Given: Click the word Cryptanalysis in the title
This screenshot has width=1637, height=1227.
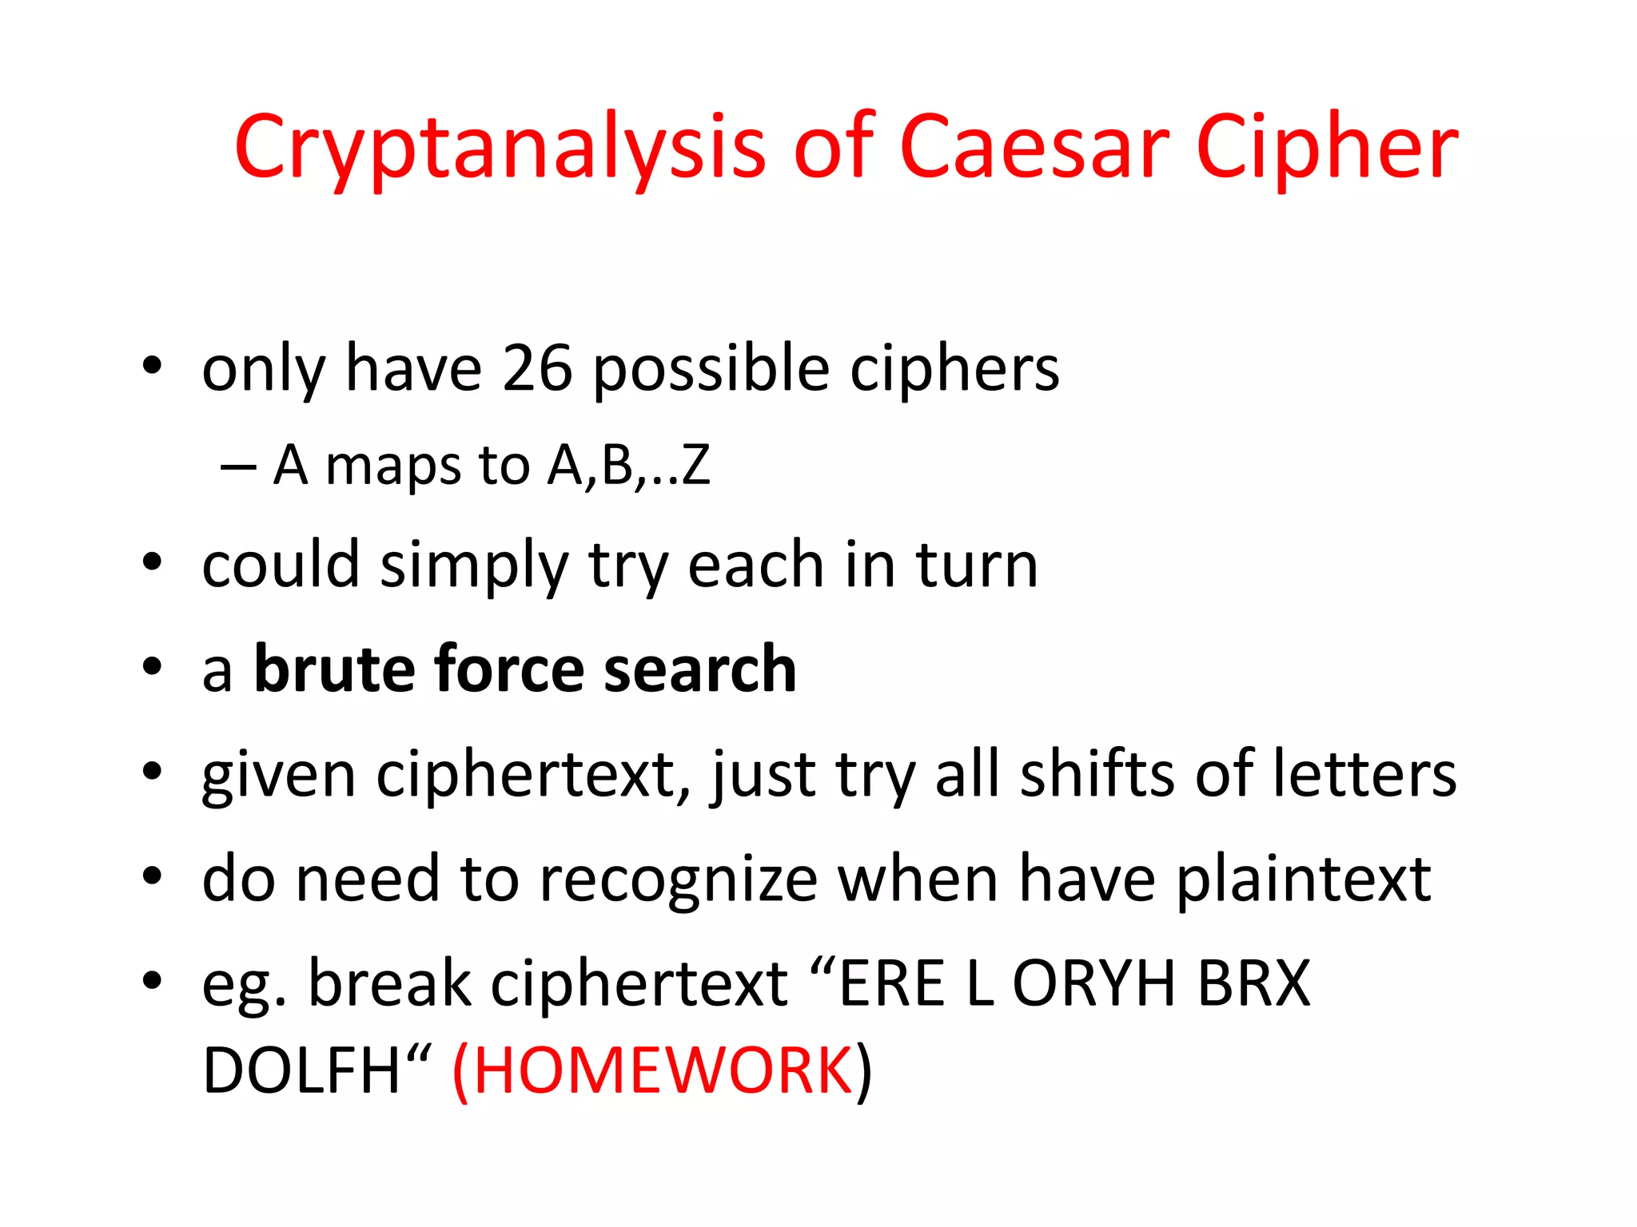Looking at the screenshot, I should [x=499, y=149].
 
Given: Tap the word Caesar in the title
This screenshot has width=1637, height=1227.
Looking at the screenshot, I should [x=1034, y=149].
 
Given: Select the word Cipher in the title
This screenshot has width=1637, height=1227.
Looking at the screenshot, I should [x=1327, y=149].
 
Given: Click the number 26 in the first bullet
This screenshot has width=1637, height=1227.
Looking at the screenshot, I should [x=537, y=369].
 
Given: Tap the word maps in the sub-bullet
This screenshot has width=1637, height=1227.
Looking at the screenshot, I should [x=393, y=467].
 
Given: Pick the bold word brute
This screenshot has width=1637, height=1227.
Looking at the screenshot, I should [x=336, y=669].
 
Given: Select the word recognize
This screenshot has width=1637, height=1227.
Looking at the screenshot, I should [x=678, y=879].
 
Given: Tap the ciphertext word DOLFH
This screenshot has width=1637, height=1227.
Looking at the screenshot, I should [x=301, y=1070].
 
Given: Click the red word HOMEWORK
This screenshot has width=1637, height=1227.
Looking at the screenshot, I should [x=663, y=1070].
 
